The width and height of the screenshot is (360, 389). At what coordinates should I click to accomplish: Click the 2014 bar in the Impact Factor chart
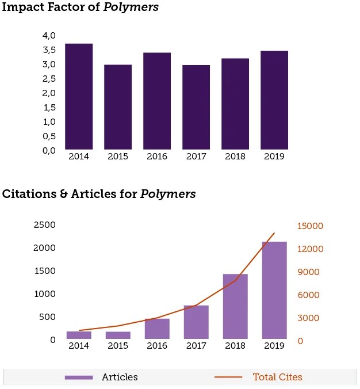click(79, 97)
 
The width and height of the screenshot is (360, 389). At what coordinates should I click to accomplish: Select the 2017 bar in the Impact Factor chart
click(196, 107)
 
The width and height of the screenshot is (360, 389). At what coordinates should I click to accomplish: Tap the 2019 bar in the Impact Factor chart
click(274, 100)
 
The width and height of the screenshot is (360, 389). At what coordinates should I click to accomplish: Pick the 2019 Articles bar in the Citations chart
click(274, 290)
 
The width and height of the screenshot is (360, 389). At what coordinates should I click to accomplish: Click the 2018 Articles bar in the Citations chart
click(235, 306)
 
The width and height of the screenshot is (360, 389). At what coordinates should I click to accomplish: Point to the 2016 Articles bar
click(157, 329)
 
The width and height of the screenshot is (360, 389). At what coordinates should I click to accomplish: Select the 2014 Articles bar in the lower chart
click(79, 335)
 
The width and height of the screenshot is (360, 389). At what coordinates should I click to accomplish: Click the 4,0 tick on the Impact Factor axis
click(49, 36)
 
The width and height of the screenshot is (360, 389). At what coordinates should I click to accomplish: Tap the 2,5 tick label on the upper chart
click(49, 79)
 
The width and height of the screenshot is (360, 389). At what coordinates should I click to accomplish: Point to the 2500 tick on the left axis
click(45, 225)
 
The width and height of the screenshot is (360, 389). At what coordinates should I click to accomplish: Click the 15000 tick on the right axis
click(310, 226)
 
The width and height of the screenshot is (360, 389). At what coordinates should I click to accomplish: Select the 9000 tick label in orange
click(308, 272)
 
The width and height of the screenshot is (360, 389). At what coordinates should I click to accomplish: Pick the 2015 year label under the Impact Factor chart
click(118, 157)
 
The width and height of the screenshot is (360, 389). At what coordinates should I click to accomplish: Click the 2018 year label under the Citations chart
click(235, 346)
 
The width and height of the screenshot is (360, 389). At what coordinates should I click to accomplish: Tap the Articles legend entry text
click(120, 377)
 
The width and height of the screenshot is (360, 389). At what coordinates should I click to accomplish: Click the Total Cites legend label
click(277, 377)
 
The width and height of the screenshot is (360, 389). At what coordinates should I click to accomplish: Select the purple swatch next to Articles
click(79, 377)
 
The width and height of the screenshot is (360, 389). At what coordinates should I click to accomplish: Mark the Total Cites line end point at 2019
click(274, 233)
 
